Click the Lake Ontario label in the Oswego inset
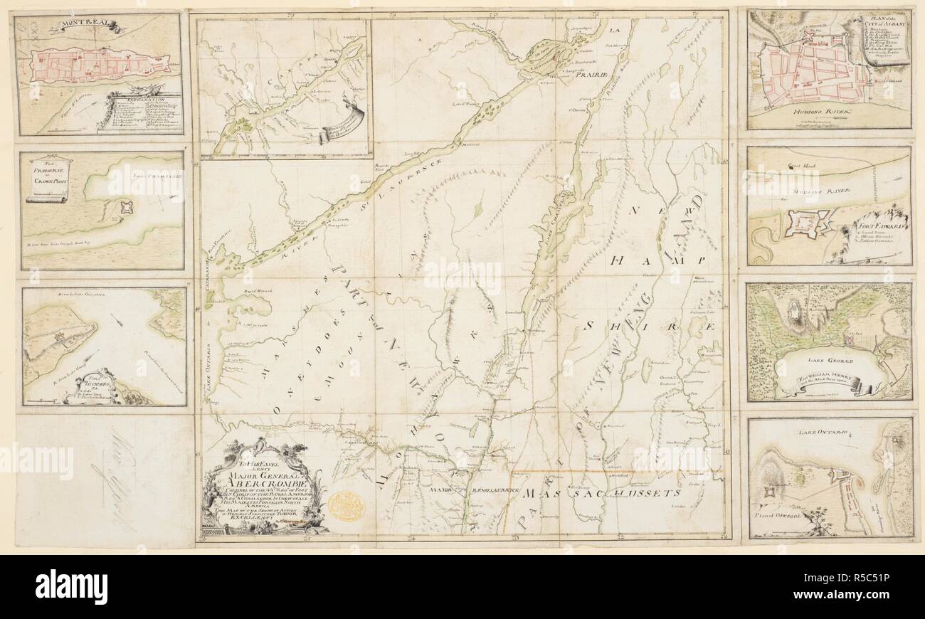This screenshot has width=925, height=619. click(x=828, y=431)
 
